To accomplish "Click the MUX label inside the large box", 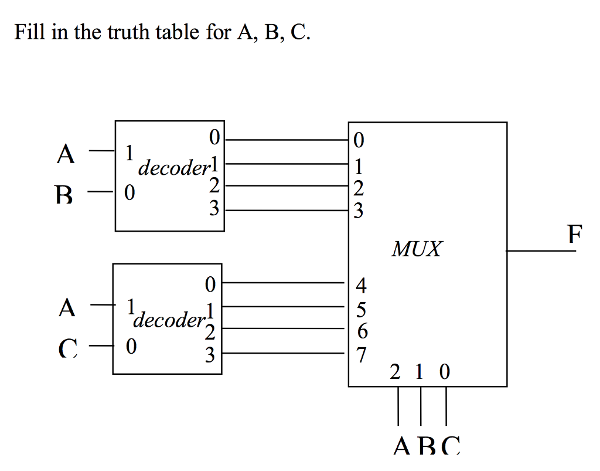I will (x=417, y=249).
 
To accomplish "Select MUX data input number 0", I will (x=359, y=140).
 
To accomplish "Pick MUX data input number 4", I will (x=361, y=286).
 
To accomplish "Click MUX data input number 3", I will (x=359, y=209).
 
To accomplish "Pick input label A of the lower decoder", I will (x=67, y=307).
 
